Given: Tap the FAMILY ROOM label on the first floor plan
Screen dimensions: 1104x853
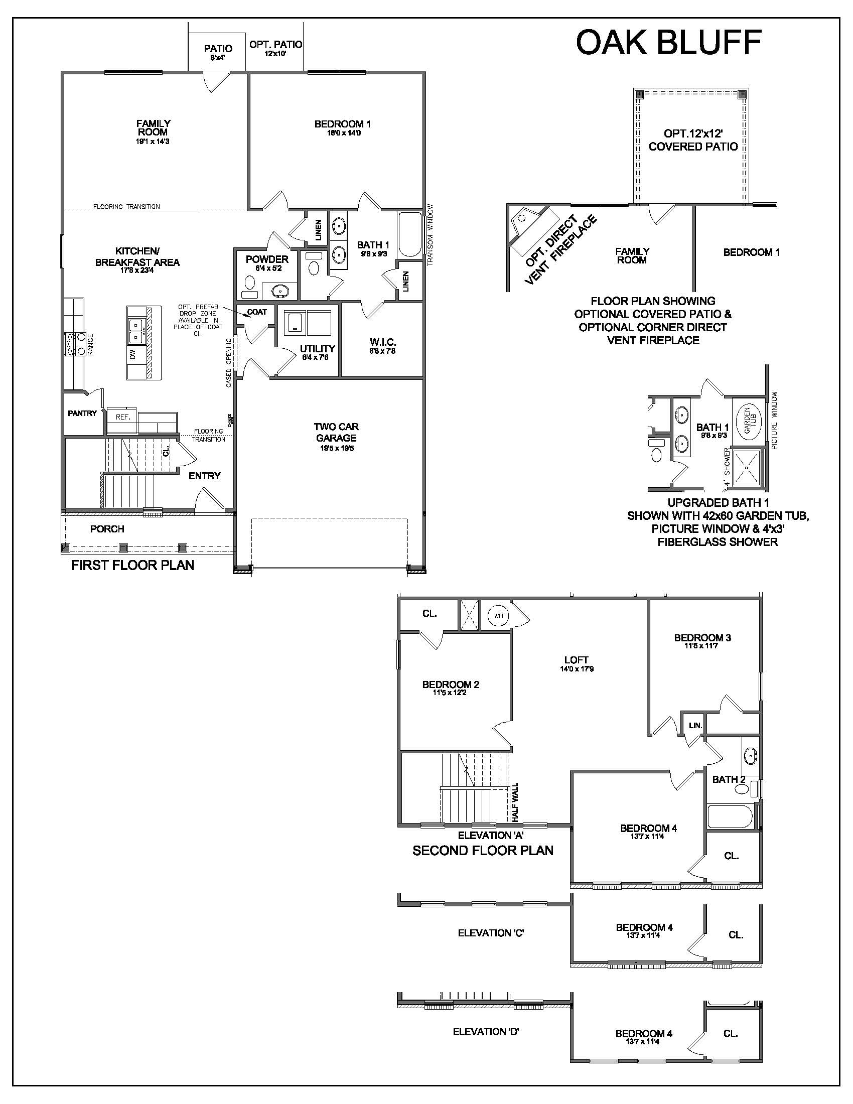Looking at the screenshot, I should click(153, 127).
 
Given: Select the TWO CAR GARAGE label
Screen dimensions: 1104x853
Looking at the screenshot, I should click(336, 432).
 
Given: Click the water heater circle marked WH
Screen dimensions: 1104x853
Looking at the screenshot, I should click(498, 616).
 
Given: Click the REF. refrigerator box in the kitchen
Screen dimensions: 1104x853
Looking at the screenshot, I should click(122, 418).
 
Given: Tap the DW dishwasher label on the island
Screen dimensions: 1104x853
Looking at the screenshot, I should click(133, 355).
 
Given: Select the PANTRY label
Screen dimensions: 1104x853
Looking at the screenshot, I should click(82, 413).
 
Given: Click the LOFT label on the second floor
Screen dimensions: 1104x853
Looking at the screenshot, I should click(576, 660).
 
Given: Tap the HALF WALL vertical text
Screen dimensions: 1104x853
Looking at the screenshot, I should click(515, 802).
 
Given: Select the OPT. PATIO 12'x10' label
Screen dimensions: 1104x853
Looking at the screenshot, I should click(275, 48).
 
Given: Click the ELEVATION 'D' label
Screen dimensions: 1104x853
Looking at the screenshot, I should click(486, 1032).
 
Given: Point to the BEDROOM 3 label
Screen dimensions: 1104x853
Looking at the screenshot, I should click(702, 637).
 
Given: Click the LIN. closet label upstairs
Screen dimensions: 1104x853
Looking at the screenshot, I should click(695, 725).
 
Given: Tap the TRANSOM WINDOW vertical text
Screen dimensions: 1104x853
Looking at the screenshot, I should click(431, 234).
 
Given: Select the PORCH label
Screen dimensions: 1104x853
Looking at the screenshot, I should click(107, 529).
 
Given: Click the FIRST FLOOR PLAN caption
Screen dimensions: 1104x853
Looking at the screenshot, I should click(132, 565).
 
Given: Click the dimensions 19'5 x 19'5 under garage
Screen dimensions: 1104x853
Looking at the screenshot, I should click(336, 448).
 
